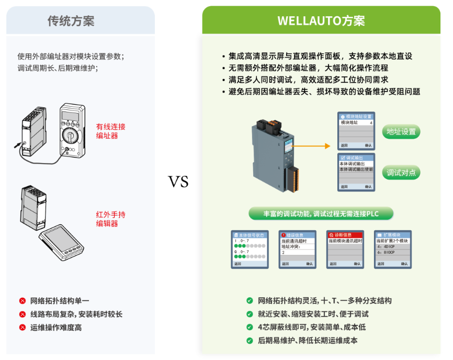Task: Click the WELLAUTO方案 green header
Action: [321, 21]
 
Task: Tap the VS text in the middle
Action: [178, 182]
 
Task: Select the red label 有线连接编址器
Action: [110, 131]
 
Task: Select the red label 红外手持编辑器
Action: [110, 219]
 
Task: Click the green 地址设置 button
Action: [401, 131]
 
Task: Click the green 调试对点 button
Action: [401, 172]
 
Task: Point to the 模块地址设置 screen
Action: [356, 130]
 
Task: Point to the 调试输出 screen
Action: [356, 171]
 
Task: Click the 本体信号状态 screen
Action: [250, 249]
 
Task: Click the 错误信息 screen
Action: [297, 249]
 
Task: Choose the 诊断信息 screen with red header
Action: [345, 249]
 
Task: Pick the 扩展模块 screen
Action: [392, 249]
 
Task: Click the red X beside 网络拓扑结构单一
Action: [22, 301]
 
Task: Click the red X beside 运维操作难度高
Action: [22, 328]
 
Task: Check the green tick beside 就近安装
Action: [250, 314]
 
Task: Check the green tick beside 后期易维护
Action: [250, 341]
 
